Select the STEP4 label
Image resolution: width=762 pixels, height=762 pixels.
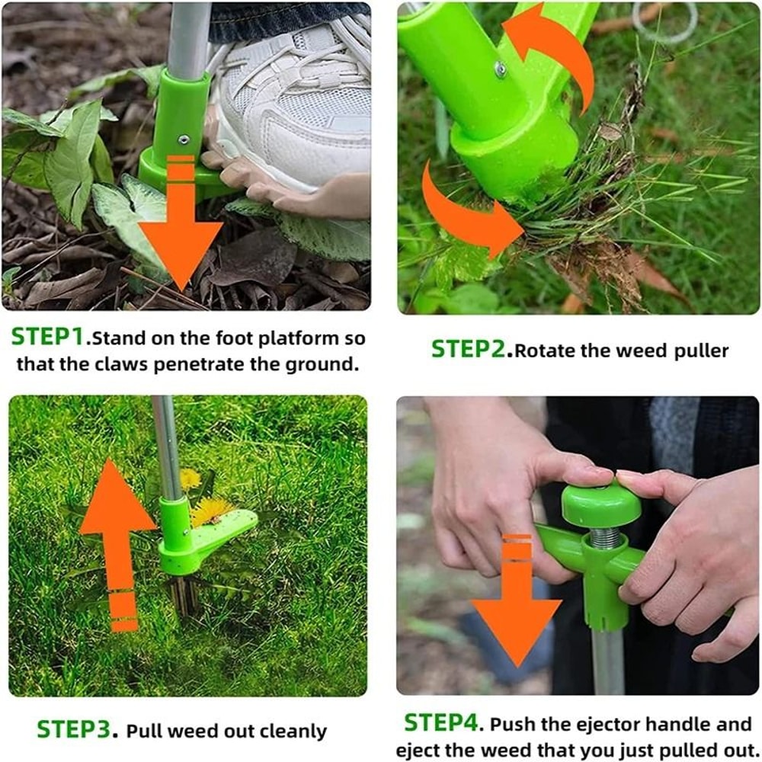pos(443,722)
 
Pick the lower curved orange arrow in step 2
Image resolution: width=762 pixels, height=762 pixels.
pos(465,213)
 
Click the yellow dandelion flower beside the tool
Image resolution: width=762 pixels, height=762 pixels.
pos(212,509)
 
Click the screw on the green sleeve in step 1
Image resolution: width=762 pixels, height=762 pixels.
pos(184,139)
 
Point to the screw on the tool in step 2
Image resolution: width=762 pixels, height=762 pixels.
pos(501,70)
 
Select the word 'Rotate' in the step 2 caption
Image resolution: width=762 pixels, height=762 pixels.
pos(543,351)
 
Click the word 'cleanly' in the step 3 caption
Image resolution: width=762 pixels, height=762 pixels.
pos(293,732)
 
